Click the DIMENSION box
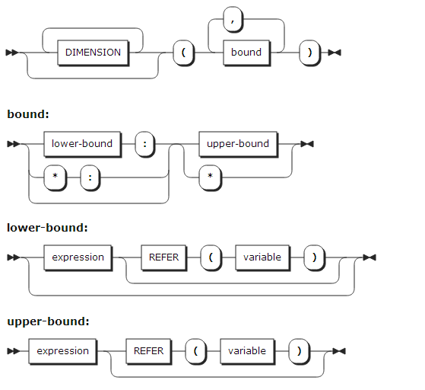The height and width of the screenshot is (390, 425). [93, 53]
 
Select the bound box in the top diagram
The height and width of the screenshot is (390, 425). [246, 53]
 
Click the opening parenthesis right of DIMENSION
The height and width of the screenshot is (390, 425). [184, 53]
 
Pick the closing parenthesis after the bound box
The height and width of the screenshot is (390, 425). [309, 53]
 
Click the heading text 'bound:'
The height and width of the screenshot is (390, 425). [28, 114]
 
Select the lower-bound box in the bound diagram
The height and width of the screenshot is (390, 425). [81, 143]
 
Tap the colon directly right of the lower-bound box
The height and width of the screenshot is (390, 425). [145, 143]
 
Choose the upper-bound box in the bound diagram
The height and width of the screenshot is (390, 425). [238, 143]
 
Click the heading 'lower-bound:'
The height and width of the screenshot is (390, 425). [47, 227]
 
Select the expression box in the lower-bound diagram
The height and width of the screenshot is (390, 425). [78, 257]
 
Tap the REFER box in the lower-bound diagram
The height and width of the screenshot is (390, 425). [163, 257]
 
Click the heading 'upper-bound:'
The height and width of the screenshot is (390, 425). [48, 321]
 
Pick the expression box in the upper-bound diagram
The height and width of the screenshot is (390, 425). [62, 351]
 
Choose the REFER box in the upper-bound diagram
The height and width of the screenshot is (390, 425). [148, 351]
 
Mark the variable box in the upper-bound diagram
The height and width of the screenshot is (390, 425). [247, 351]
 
